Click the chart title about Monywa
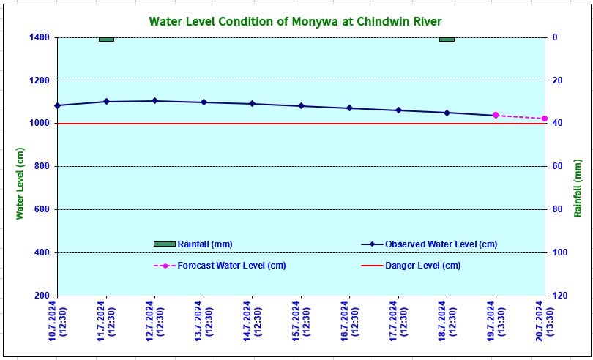pos(295,21)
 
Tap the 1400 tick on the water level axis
pos(40,37)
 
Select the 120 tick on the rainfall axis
pos(559,296)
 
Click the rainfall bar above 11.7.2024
pos(106,40)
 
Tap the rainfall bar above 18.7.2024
pos(447,40)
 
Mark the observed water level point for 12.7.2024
pos(154,101)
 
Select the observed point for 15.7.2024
pos(301,106)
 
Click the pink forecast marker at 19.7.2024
pos(496,115)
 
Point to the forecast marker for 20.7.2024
pos(544,119)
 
